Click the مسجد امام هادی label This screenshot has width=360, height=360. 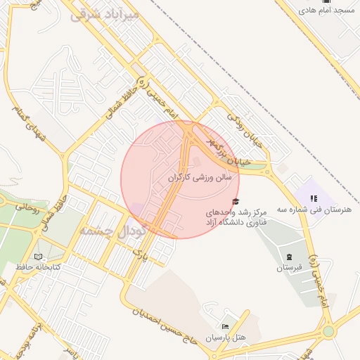pyautogui.click(x=327, y=11)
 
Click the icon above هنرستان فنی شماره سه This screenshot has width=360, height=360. pyautogui.click(x=314, y=199)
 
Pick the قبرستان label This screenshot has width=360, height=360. pyautogui.click(x=288, y=268)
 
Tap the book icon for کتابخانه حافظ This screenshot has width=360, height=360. pyautogui.click(x=39, y=257)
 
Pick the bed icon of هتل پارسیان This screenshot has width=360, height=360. pyautogui.click(x=225, y=327)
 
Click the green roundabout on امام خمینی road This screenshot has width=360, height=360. pyautogui.click(x=328, y=332)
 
